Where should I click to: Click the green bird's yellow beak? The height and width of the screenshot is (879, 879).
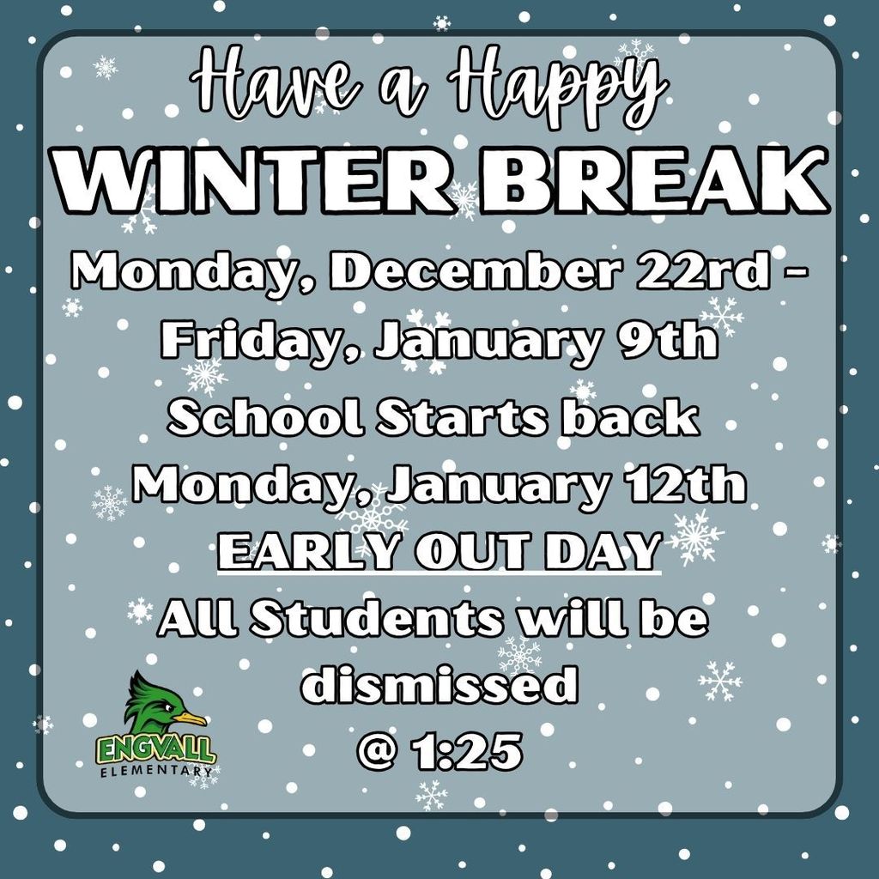pos(190,718)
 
